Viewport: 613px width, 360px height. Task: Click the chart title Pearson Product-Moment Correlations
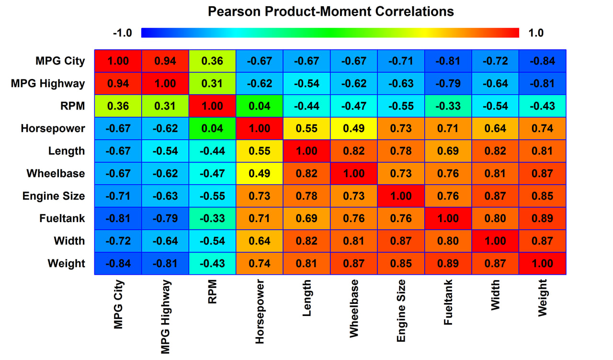(x=330, y=11)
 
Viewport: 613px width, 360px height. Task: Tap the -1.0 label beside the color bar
(x=122, y=33)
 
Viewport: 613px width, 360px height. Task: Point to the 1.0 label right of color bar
(x=535, y=33)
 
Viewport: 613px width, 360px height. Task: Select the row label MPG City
(x=60, y=61)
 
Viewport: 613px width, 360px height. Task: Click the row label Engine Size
(x=54, y=196)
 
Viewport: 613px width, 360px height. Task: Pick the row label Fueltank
(x=62, y=218)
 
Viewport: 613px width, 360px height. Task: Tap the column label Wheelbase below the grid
(x=354, y=309)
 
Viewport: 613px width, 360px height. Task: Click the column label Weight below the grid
(x=542, y=298)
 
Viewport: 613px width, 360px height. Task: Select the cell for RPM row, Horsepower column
(x=260, y=106)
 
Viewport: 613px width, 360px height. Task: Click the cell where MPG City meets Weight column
(x=542, y=61)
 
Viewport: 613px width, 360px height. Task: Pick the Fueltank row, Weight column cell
(x=542, y=218)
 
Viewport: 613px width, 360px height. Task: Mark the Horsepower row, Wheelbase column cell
(x=354, y=128)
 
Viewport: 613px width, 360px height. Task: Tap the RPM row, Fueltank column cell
(x=448, y=106)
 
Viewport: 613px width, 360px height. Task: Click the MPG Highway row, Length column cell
(x=306, y=83)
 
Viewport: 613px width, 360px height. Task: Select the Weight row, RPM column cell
(x=212, y=263)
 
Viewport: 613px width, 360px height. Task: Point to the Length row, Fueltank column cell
(x=448, y=151)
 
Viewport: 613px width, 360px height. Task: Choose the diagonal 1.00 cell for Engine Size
(x=401, y=196)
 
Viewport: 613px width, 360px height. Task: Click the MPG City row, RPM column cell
(x=212, y=61)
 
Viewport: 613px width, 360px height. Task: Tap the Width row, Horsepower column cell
(x=260, y=241)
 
